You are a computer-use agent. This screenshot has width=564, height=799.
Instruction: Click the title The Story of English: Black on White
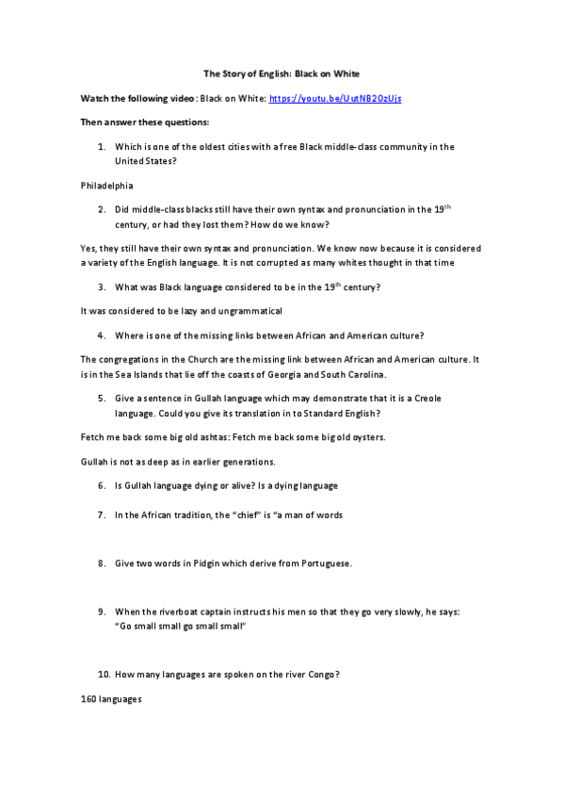pos(282,73)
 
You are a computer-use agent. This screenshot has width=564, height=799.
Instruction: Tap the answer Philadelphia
pos(107,186)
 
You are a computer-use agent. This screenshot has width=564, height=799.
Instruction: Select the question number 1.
pos(101,147)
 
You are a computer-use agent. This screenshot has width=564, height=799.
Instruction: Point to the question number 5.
pos(101,399)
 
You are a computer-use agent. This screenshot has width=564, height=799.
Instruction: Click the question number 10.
pos(103,675)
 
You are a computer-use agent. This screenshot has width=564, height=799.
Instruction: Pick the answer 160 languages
pos(111,699)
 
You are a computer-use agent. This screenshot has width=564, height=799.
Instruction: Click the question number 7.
pos(101,514)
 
